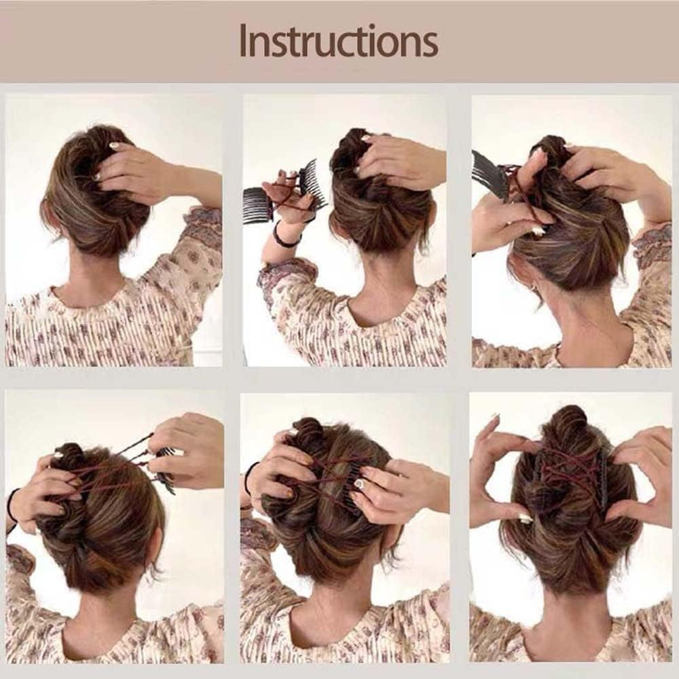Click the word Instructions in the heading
(338, 41)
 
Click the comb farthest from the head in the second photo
(257, 205)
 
